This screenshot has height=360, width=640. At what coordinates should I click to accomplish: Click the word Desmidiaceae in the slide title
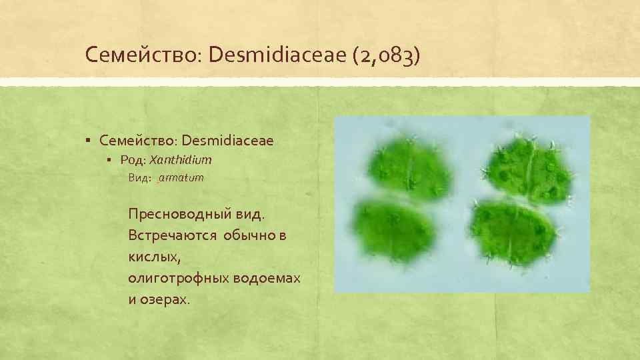tap(274, 55)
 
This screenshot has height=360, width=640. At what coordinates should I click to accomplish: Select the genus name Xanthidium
tap(181, 160)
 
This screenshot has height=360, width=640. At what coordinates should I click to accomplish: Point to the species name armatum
tap(181, 179)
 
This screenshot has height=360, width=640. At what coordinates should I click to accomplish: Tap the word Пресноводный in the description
tap(175, 215)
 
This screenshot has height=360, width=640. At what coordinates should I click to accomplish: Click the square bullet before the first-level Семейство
tap(88, 141)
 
